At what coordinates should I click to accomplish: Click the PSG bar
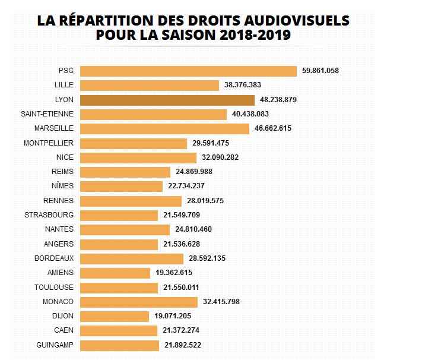point(188,71)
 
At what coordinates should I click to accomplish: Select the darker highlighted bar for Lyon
point(167,100)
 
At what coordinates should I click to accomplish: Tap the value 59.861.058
point(321,71)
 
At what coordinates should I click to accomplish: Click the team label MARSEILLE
point(54,128)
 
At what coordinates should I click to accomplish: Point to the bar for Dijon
point(114,316)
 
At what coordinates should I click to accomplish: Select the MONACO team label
point(58,302)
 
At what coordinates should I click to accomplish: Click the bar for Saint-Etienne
point(153,114)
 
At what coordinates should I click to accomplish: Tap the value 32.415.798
point(221,302)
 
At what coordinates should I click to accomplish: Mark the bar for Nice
point(138,157)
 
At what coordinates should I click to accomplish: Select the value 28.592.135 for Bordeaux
point(207,258)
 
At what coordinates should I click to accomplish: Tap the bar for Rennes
point(131,201)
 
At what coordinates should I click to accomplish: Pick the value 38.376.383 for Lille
point(243,85)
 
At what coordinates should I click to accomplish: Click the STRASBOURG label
point(49,215)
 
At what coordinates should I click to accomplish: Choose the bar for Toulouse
point(119,288)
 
